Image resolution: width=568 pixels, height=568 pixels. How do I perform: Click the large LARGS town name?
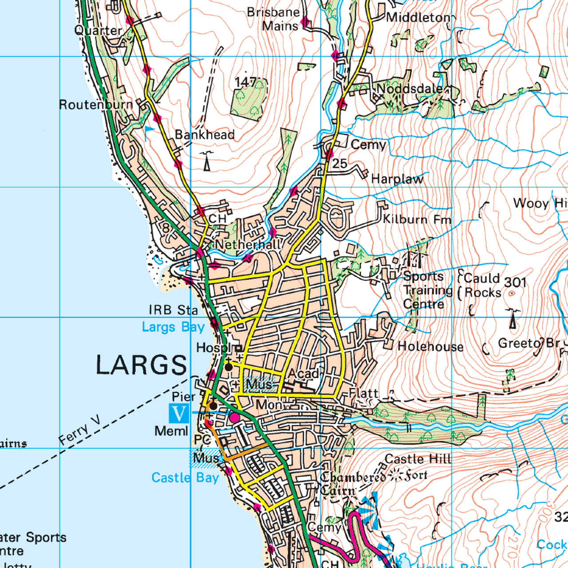(142, 365)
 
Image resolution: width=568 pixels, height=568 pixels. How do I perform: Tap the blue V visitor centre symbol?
(179, 414)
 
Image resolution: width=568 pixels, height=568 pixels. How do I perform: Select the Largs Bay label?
(173, 327)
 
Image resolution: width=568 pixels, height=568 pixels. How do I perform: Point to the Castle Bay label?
(185, 478)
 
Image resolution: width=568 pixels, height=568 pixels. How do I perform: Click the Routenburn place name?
(96, 105)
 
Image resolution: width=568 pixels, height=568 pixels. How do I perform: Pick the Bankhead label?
(205, 134)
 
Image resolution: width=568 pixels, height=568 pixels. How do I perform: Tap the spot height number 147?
(245, 82)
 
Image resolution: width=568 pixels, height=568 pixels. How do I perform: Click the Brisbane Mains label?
(274, 19)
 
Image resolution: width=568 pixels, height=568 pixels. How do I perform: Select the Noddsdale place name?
(409, 89)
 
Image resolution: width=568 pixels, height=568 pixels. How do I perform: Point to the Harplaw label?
(397, 179)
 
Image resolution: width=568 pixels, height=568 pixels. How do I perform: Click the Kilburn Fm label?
(417, 219)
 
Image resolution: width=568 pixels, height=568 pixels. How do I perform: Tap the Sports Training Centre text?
(424, 290)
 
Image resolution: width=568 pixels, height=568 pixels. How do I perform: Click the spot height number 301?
(515, 282)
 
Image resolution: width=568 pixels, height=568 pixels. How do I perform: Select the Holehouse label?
(430, 347)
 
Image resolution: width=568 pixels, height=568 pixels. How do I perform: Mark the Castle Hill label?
(418, 459)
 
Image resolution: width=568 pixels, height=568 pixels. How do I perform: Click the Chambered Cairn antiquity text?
(353, 483)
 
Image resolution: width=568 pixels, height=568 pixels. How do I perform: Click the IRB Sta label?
(173, 310)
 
